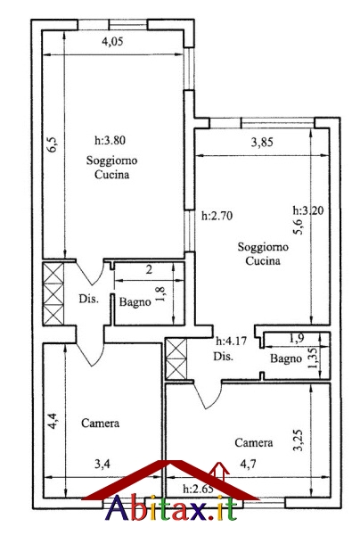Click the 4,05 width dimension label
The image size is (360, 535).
click(112, 42)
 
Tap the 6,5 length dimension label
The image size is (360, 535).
click(54, 144)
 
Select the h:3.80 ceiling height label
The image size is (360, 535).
click(110, 140)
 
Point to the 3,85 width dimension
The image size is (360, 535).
click(262, 142)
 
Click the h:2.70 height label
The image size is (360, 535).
click(217, 216)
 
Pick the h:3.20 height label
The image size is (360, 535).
click(308, 210)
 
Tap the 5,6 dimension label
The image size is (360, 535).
click(298, 226)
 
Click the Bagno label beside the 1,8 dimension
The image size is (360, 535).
click(135, 302)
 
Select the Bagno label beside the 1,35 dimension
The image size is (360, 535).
click(286, 358)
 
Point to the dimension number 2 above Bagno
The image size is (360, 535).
click(149, 270)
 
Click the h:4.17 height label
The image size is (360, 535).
click(231, 341)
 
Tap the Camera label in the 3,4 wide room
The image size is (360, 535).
click(100, 423)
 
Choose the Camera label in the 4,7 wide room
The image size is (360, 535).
click(254, 442)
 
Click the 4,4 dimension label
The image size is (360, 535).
click(53, 421)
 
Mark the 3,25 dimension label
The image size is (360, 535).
click(299, 440)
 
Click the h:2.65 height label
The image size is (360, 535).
click(198, 489)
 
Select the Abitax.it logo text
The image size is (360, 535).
click(172, 508)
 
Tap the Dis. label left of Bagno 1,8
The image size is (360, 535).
click(89, 299)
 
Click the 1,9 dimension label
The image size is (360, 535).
click(297, 339)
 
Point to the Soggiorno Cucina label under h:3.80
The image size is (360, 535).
click(111, 168)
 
